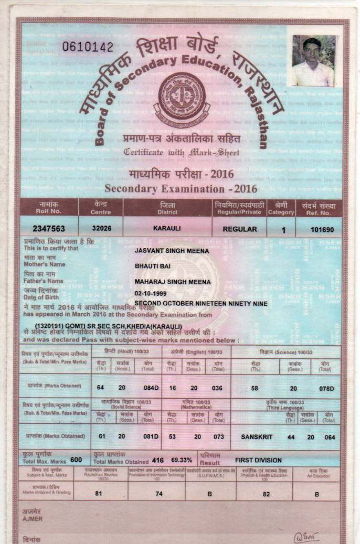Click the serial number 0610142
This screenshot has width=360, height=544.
(x=88, y=47)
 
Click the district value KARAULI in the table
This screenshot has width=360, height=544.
(x=167, y=229)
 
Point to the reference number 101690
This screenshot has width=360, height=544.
(x=319, y=229)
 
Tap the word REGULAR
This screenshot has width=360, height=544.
(x=240, y=229)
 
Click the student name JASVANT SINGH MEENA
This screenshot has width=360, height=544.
(x=172, y=251)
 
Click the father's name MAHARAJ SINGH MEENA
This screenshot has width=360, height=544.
(x=173, y=282)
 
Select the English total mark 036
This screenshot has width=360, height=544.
(x=218, y=388)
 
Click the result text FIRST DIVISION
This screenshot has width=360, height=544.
(x=258, y=460)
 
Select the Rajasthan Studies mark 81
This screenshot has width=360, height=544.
(x=98, y=493)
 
